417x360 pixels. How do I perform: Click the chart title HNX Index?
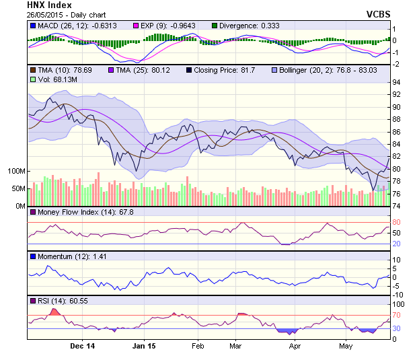(50, 5)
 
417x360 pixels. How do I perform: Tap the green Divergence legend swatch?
(214, 26)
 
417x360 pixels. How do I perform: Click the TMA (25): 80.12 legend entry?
(140, 69)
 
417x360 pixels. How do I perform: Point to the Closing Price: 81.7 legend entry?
(221, 69)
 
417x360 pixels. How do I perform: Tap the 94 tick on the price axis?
(397, 82)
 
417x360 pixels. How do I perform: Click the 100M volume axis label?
(14, 171)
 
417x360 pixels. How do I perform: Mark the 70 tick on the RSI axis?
(397, 314)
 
